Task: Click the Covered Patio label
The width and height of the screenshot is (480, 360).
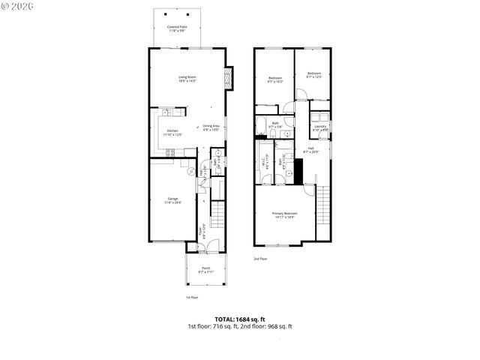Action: (177, 28)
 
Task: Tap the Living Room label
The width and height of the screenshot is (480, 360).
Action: (187, 79)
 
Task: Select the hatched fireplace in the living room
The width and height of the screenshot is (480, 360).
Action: (230, 77)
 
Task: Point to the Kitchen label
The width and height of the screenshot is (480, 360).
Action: (173, 133)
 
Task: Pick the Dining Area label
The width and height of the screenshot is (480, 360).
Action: (211, 127)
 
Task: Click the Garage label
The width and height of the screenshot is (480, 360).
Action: (172, 200)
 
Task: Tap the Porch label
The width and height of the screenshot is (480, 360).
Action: (205, 270)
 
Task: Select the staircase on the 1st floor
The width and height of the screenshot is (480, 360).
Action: (217, 214)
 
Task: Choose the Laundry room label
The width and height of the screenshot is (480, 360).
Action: (320, 128)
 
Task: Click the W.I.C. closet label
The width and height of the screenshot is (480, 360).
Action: (263, 160)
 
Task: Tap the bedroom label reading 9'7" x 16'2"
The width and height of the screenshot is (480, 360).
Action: (275, 79)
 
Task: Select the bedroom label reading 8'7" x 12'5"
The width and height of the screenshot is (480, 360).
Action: (313, 75)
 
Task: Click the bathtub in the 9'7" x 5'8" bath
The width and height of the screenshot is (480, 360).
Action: (262, 124)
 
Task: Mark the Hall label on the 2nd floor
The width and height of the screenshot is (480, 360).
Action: (310, 150)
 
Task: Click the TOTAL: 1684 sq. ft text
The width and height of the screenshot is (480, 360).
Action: (239, 319)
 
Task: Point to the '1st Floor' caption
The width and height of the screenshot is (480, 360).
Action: (193, 298)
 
